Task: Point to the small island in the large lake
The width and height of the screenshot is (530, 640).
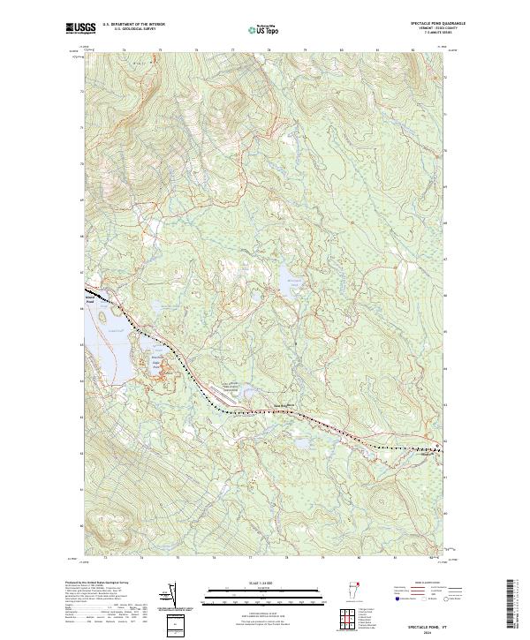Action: click(110, 312)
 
